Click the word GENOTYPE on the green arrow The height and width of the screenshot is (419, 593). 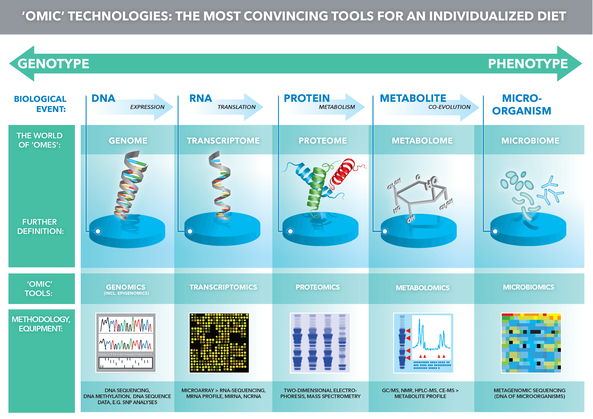click(53, 64)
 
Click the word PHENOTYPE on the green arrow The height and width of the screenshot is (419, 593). click(528, 64)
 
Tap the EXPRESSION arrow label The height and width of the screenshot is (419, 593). click(147, 107)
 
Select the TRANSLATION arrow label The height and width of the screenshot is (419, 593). click(237, 107)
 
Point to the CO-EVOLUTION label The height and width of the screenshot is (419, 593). click(449, 107)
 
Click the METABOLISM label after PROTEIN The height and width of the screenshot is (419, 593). click(337, 107)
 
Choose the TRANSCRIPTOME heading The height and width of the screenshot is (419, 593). click(223, 141)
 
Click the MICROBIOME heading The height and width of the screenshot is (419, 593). click(530, 141)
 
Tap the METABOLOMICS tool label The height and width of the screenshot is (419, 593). click(423, 288)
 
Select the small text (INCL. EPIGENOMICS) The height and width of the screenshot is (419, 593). click(126, 293)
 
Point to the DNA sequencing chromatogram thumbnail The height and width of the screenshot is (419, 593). click(126, 342)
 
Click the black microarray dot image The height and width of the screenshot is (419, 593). click(219, 343)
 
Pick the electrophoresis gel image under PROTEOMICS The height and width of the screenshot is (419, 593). click(320, 343)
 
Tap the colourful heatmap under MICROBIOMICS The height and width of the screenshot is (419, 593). click(531, 343)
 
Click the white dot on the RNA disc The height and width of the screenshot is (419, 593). click(190, 231)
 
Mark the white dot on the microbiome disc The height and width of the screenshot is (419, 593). click(495, 231)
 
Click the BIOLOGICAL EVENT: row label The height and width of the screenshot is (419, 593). click(40, 104)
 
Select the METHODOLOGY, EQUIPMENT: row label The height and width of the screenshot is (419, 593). click(41, 324)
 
